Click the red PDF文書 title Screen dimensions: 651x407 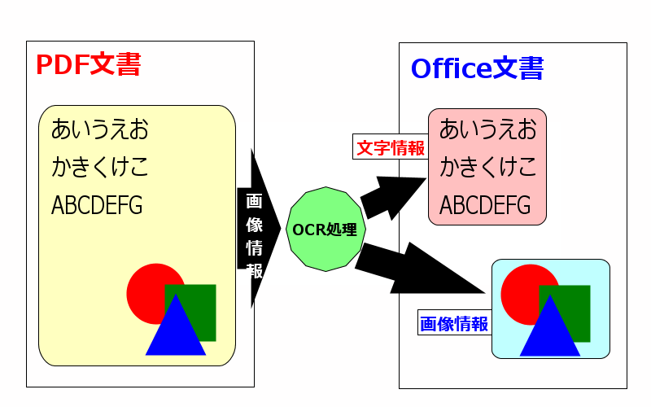click(x=89, y=64)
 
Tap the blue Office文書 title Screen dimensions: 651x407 click(x=477, y=68)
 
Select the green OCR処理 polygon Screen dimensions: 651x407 click(x=326, y=230)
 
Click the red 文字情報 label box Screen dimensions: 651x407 click(x=391, y=147)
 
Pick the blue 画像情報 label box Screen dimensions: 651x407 click(x=455, y=322)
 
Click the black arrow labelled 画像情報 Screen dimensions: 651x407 click(x=258, y=229)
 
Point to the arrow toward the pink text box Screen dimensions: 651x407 click(x=391, y=197)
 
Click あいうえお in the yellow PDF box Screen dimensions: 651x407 click(x=99, y=129)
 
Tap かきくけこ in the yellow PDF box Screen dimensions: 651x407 click(x=99, y=167)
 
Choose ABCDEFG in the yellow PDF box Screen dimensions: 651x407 click(x=97, y=205)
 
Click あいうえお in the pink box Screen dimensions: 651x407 click(x=487, y=129)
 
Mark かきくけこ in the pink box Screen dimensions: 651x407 click(x=487, y=167)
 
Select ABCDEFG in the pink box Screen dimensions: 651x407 click(x=485, y=205)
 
